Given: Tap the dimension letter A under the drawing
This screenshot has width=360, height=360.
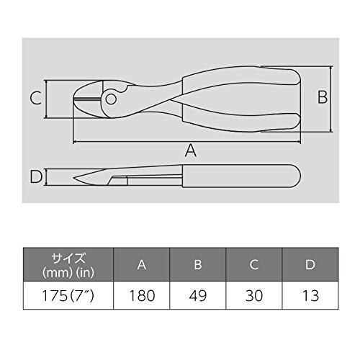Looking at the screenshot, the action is click(191, 150).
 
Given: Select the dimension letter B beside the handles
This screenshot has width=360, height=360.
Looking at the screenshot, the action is click(323, 97).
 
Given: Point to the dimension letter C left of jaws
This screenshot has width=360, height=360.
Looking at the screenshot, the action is click(36, 98).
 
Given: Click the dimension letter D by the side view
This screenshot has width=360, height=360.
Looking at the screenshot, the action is click(36, 176).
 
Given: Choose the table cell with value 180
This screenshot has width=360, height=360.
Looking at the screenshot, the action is click(142, 295).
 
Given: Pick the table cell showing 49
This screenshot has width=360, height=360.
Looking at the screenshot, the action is click(198, 295).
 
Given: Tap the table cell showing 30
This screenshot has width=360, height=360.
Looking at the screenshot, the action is click(254, 295).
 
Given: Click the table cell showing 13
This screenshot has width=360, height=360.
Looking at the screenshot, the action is click(310, 295).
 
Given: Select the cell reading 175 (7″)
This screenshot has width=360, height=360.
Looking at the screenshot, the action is click(68, 295).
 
